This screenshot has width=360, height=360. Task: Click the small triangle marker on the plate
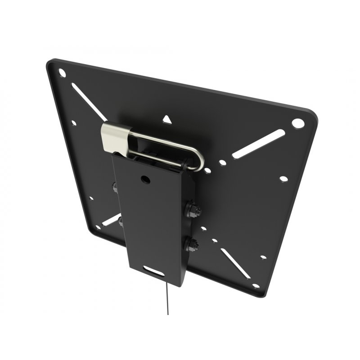point(167,120)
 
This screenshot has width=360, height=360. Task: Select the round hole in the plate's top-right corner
point(297,122)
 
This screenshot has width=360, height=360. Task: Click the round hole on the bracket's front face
point(146,179)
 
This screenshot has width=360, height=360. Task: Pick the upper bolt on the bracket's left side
point(115,187)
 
